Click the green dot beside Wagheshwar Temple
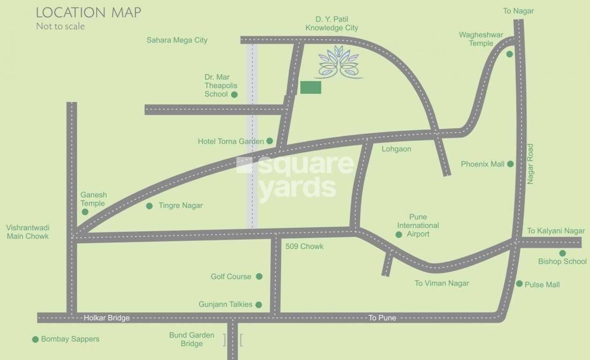pyautogui.click(x=509, y=54)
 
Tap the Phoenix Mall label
pyautogui.click(x=483, y=164)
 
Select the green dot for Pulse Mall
pyautogui.click(x=519, y=284)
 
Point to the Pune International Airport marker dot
pyautogui.click(x=399, y=234)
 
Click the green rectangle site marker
pyautogui.click(x=310, y=87)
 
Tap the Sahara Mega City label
pyautogui.click(x=177, y=40)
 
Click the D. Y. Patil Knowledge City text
pyautogui.click(x=332, y=23)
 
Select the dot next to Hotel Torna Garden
pyautogui.click(x=270, y=141)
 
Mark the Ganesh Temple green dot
pyautogui.click(x=85, y=212)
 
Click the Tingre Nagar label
pyautogui.click(x=181, y=206)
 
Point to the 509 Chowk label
pyautogui.click(x=304, y=247)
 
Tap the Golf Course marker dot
pyautogui.click(x=259, y=277)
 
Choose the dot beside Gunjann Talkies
pyautogui.click(x=258, y=305)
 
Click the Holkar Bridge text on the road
pyautogui.click(x=106, y=318)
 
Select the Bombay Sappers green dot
pyautogui.click(x=35, y=339)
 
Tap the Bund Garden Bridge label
pyautogui.click(x=192, y=339)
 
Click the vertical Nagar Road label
pyautogui.click(x=530, y=164)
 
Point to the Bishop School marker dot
pyautogui.click(x=562, y=253)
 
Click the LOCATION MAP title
pyautogui.click(x=89, y=13)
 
